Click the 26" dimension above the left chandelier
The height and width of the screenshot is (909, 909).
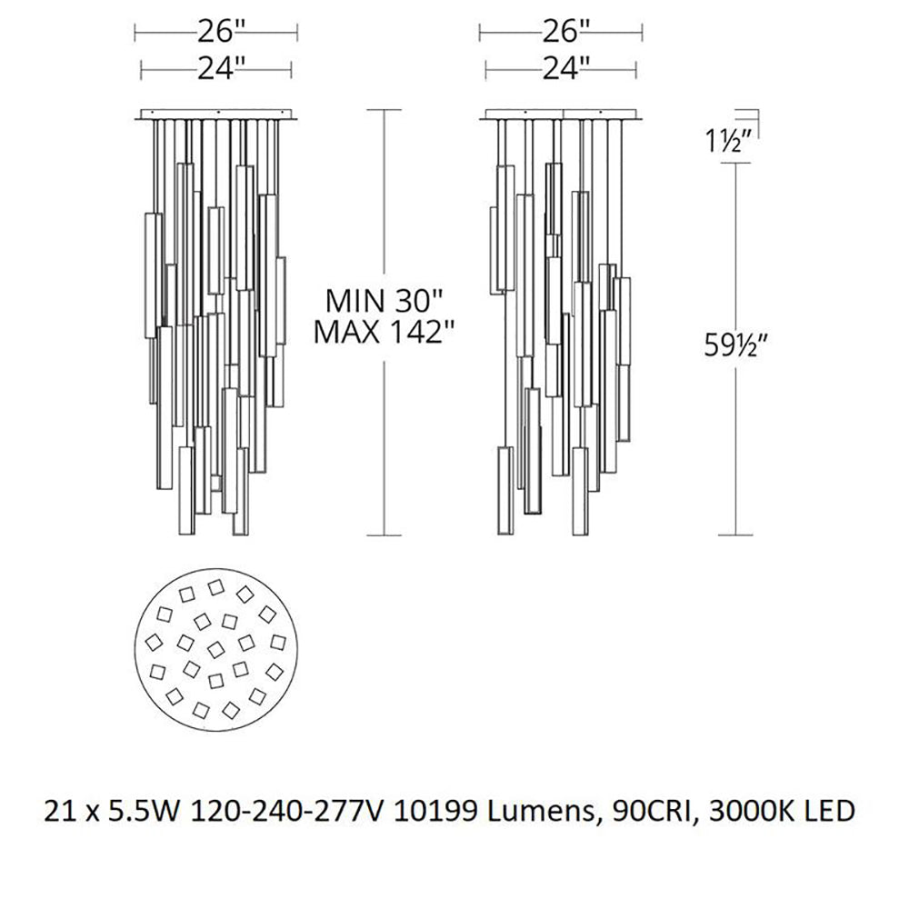click(x=216, y=33)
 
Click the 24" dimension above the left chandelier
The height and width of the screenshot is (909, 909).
click(x=216, y=66)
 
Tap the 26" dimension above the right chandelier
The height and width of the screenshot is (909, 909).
click(x=560, y=33)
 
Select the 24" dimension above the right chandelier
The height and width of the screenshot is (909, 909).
click(x=560, y=66)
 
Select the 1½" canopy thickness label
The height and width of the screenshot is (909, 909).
click(x=727, y=142)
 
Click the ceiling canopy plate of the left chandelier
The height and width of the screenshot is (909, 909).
click(x=216, y=115)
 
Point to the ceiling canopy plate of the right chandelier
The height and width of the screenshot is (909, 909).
click(x=560, y=115)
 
